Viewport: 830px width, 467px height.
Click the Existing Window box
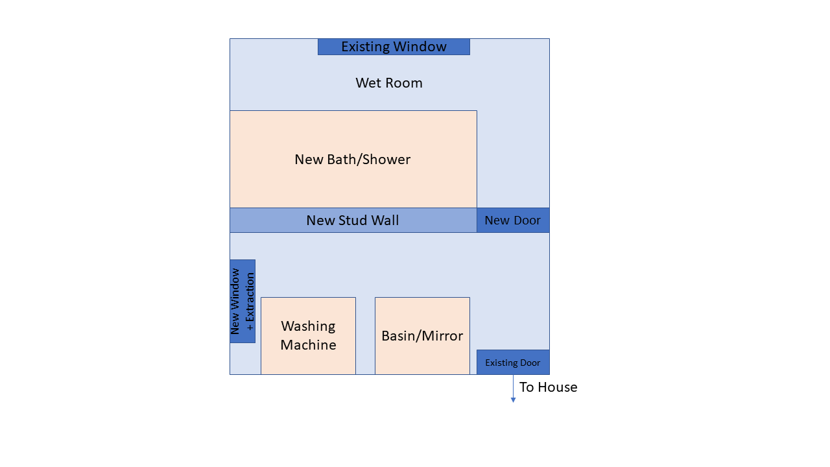click(394, 47)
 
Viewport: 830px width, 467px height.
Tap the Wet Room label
click(389, 83)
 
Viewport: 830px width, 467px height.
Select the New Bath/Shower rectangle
click(353, 159)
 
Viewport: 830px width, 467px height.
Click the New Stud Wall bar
click(353, 221)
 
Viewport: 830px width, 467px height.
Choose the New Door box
click(513, 221)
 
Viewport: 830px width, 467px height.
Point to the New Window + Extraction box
click(243, 302)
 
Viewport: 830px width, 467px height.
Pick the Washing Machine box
click(308, 336)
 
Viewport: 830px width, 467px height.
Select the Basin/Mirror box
click(422, 336)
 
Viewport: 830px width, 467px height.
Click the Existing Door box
click(513, 363)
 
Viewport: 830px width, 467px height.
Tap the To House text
click(548, 387)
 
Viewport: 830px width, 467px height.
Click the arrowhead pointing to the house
click(513, 400)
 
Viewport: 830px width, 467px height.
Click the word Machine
click(308, 345)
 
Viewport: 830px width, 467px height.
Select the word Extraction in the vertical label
click(250, 302)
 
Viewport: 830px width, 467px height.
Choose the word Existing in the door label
click(499, 363)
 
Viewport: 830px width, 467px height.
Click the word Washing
click(308, 326)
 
